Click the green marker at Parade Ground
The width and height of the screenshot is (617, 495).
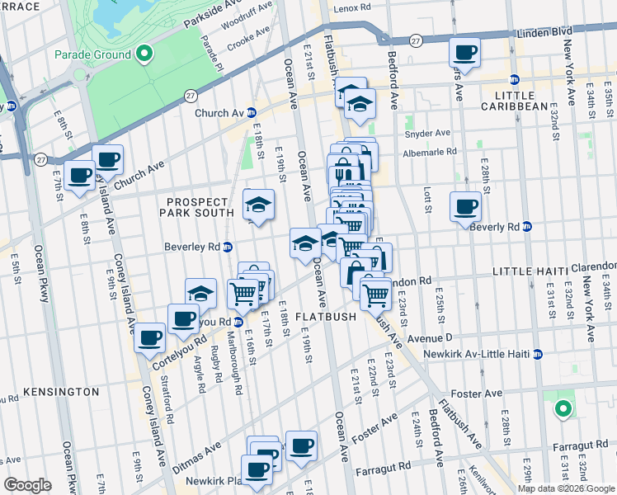click(x=144, y=54)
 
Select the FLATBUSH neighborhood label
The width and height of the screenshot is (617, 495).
click(x=326, y=316)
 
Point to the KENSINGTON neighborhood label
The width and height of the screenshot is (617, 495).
click(x=61, y=391)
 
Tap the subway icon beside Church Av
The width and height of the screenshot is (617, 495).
click(x=252, y=112)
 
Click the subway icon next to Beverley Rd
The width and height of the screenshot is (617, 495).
click(x=228, y=247)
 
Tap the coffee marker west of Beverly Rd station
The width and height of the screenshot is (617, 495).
click(x=465, y=205)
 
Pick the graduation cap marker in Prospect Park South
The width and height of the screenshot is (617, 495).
click(x=258, y=205)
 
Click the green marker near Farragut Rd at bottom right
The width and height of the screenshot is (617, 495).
click(x=563, y=408)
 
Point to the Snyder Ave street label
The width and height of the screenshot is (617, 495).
click(x=427, y=133)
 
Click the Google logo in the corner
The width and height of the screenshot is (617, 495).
click(x=28, y=485)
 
